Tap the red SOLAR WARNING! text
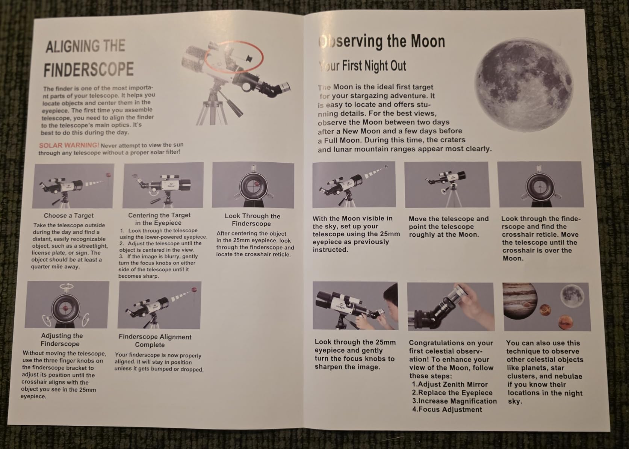(69, 145)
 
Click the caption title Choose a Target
(68, 216)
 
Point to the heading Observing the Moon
(382, 42)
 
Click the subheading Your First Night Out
(363, 66)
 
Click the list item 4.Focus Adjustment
(447, 410)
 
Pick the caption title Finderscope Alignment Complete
(155, 341)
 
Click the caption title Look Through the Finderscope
(252, 220)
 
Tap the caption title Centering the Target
(159, 215)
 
